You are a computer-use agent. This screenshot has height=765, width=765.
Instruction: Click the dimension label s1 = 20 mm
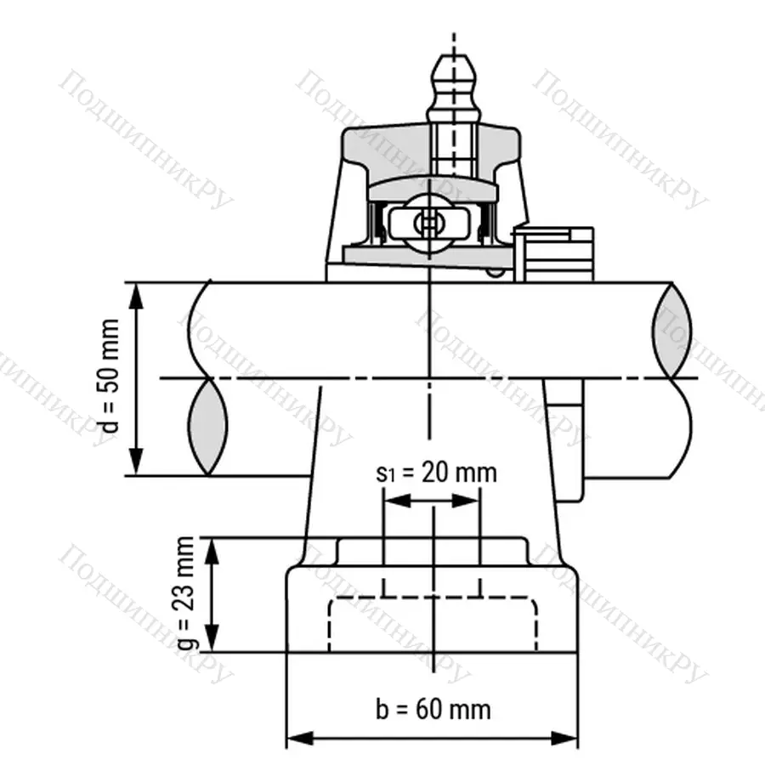click(x=436, y=473)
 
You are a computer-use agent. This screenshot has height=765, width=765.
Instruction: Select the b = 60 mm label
click(x=433, y=708)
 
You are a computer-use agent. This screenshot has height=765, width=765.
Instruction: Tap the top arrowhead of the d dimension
click(x=136, y=292)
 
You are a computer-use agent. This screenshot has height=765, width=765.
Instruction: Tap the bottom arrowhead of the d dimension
click(x=136, y=465)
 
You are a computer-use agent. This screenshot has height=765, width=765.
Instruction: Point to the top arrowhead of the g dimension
click(x=213, y=549)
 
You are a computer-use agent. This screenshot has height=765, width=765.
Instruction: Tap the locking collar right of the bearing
click(x=557, y=251)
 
